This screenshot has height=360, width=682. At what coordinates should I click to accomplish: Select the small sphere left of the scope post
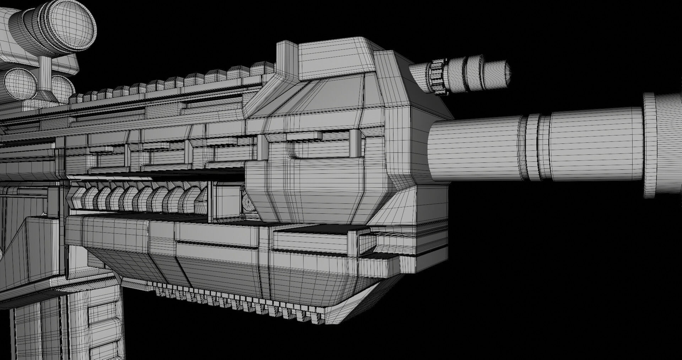tap(21, 84)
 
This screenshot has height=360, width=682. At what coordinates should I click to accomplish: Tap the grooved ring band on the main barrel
tap(533, 147)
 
